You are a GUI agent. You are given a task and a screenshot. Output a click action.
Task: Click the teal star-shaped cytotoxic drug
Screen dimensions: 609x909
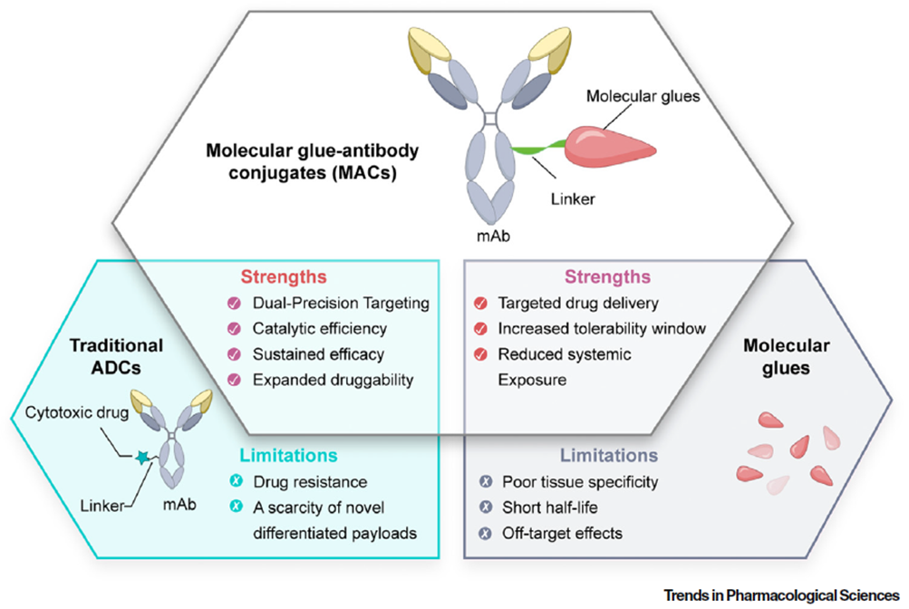click(x=141, y=459)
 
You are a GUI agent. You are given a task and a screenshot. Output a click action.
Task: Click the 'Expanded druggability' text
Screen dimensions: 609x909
click(x=320, y=379)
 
